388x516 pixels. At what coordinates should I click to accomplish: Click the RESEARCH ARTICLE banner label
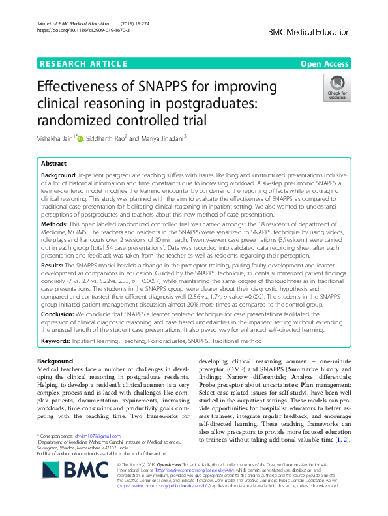pos(83,63)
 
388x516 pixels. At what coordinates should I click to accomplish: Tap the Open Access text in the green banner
pos(325,63)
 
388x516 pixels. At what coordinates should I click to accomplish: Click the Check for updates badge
pos(336,89)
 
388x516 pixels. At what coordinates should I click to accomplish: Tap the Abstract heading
pos(53,164)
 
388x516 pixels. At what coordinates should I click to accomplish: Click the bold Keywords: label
pos(59,341)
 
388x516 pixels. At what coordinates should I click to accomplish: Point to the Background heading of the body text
pos(55,361)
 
